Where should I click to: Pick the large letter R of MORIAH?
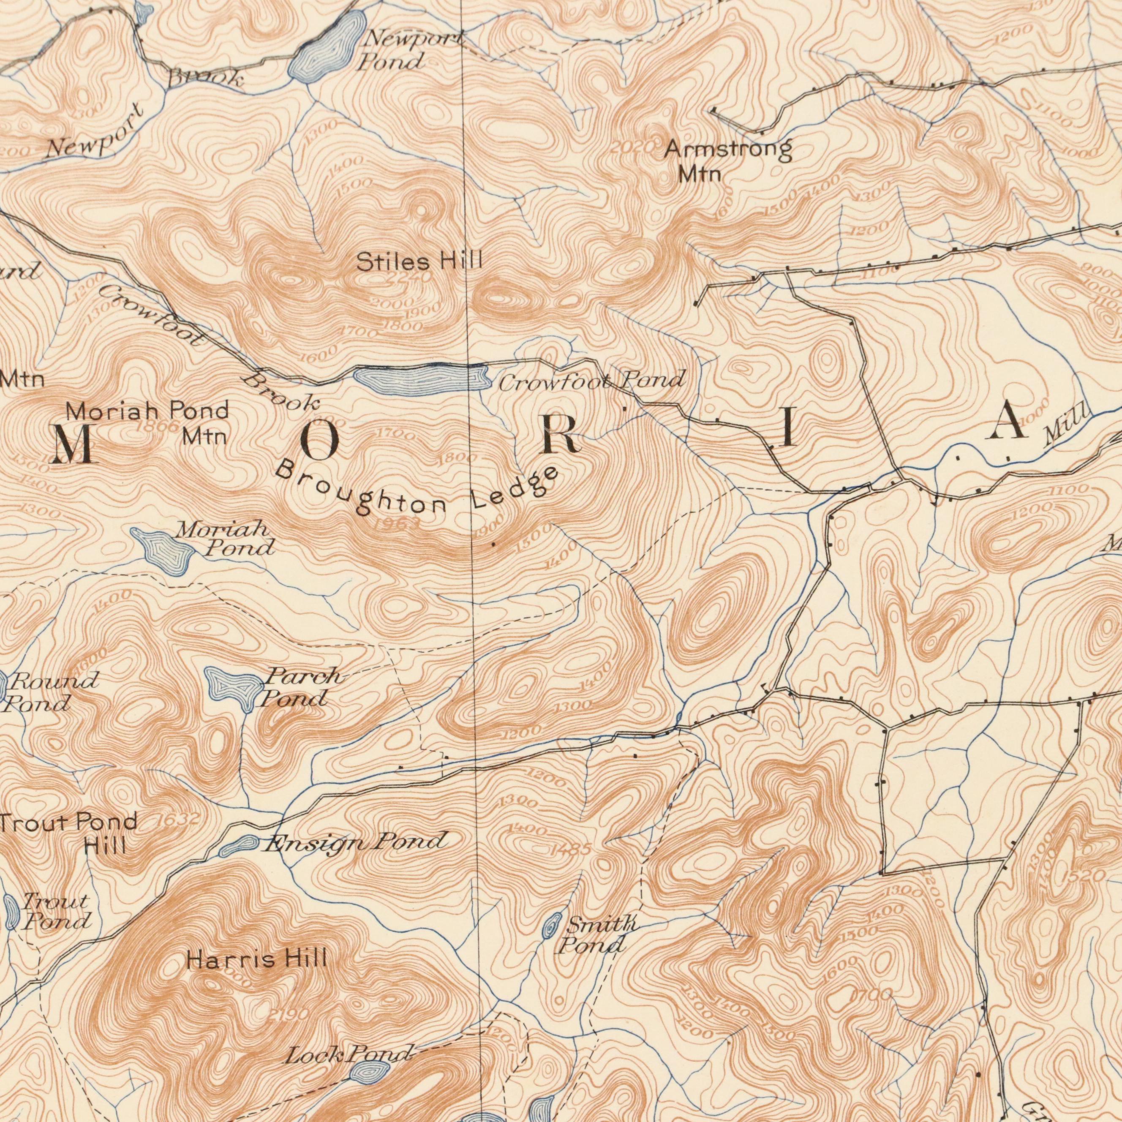tap(561, 434)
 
